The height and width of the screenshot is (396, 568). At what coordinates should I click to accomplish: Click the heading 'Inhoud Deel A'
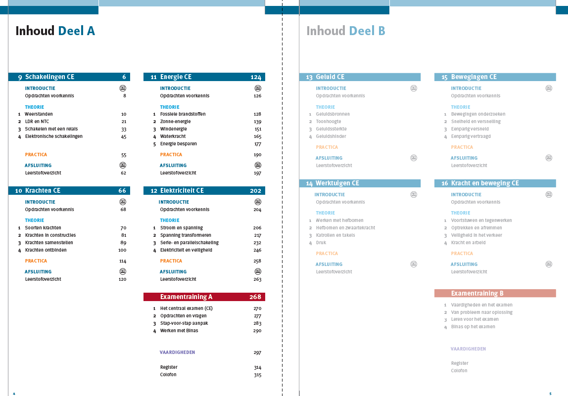(x=55, y=31)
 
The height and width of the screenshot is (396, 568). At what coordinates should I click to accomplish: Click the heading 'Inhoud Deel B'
(x=345, y=31)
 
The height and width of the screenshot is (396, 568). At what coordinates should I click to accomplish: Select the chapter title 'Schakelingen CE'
(x=49, y=77)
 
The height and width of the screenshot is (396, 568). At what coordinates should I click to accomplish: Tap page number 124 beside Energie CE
(x=255, y=77)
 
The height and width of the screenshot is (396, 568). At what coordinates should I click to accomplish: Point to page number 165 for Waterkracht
(x=257, y=136)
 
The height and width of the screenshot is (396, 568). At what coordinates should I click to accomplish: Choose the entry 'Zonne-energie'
(x=175, y=122)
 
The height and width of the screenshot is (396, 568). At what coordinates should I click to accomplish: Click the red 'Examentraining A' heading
(x=186, y=297)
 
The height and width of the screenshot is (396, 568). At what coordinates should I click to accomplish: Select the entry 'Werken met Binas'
(x=179, y=331)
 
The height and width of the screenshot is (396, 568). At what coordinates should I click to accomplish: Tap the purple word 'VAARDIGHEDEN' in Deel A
(x=177, y=352)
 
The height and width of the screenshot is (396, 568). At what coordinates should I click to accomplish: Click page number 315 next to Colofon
(x=257, y=375)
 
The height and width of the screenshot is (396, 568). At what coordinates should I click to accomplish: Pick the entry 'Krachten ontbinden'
(x=46, y=250)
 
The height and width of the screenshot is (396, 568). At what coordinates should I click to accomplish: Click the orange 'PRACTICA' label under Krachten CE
(x=36, y=261)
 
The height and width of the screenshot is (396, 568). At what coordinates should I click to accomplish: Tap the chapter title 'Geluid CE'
(x=330, y=77)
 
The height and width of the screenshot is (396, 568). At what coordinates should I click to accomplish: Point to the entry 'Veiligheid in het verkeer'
(x=476, y=235)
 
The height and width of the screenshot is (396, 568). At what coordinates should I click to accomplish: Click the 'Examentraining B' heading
(x=477, y=293)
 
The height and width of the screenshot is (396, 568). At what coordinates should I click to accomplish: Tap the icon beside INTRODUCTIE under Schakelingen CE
(x=123, y=88)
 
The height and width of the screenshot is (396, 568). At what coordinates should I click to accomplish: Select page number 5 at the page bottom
(x=550, y=394)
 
